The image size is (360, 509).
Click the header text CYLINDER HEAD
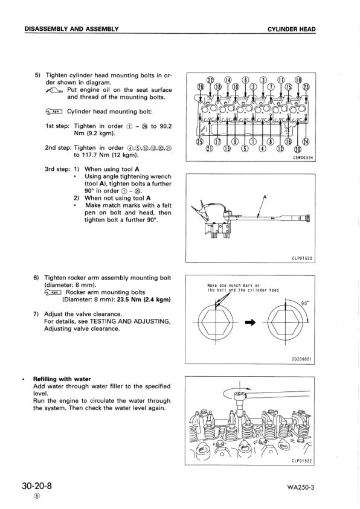coord(292,29)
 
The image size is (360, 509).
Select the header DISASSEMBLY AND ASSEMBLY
coord(71,29)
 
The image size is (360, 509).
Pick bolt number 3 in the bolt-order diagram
coord(262,80)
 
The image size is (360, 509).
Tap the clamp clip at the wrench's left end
coord(198,211)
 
